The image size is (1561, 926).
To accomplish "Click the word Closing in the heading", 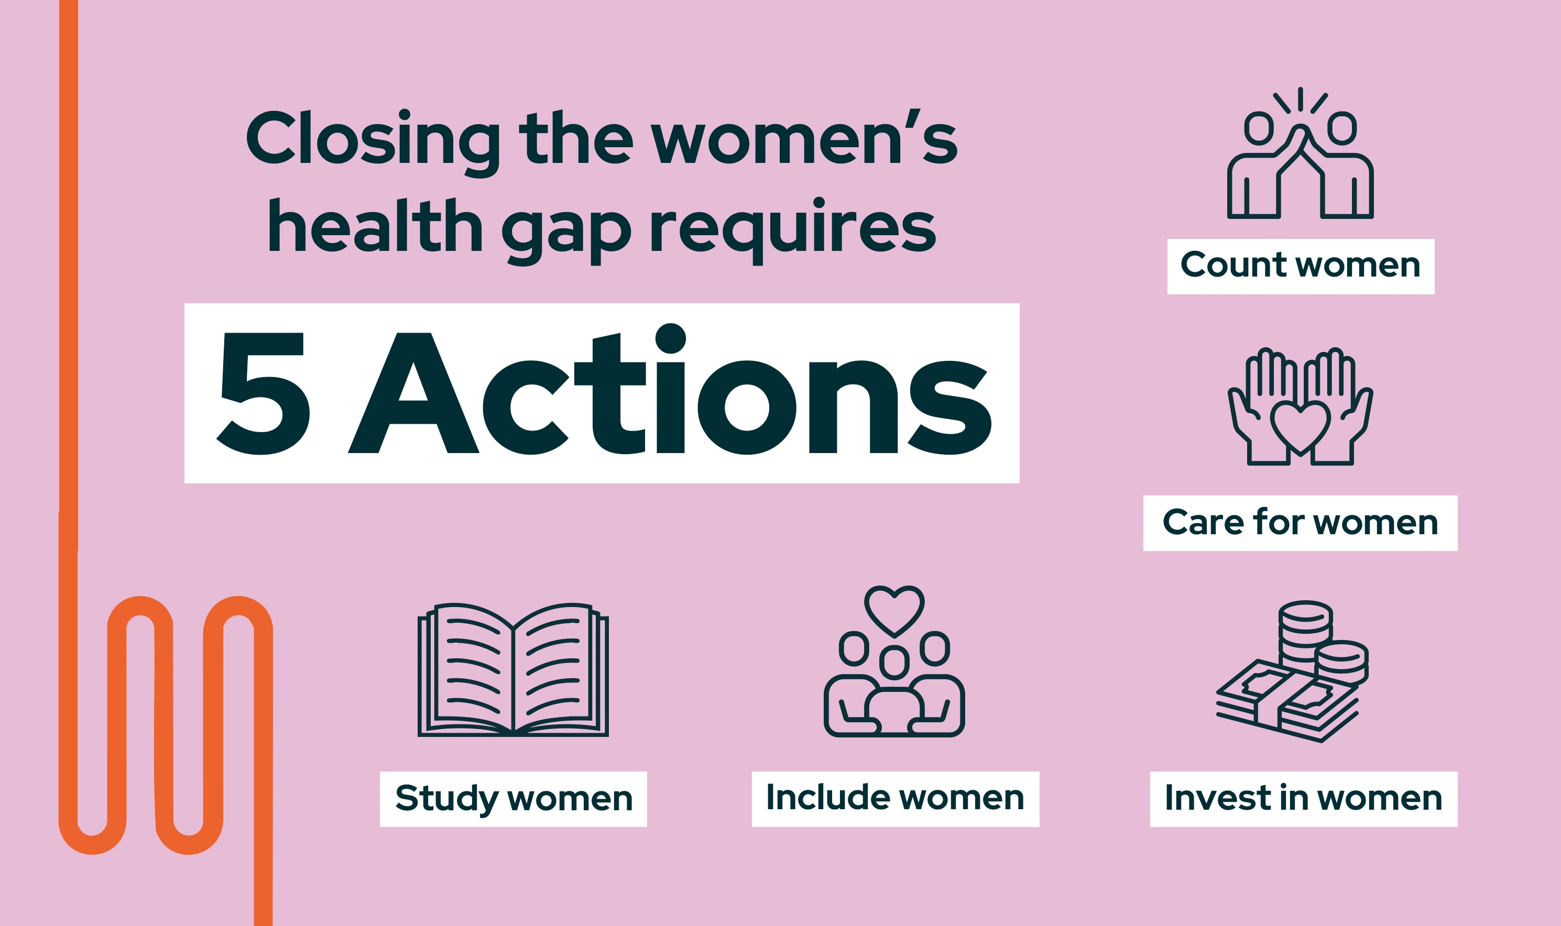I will pos(373,138).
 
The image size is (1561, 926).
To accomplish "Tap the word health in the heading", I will pos(375,226).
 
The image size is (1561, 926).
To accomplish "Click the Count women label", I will pos(1301,267).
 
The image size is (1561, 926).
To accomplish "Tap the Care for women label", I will pos(1300,523).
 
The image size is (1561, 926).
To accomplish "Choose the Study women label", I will pos(513,799).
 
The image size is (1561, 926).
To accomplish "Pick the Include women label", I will pos(895,799).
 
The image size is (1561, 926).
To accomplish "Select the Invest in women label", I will pos(1304,799).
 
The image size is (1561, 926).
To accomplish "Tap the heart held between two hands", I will pos(1300,427).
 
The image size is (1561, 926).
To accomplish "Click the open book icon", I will pos(513,670).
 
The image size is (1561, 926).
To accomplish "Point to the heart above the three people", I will pos(894,609).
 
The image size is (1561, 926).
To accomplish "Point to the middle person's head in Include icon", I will pos(894,662).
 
